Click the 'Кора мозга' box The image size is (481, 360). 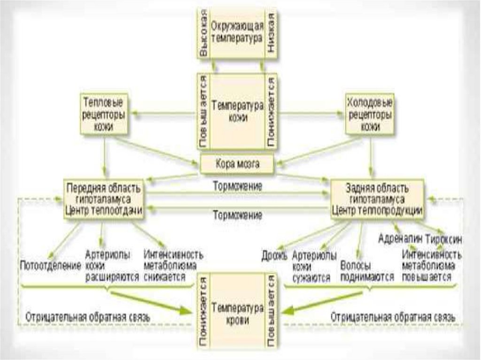click(x=237, y=164)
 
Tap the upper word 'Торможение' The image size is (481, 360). click(x=237, y=186)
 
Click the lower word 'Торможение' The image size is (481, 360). click(x=237, y=215)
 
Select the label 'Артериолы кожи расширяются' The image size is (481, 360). click(x=112, y=266)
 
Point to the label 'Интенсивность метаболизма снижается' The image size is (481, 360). click(x=173, y=266)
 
